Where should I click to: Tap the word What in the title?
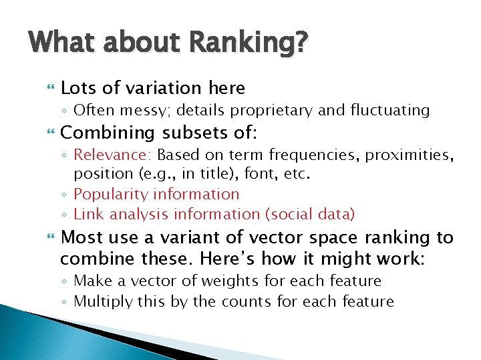coord(61,43)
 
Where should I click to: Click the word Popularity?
coord(111,194)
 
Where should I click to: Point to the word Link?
coord(87,214)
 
